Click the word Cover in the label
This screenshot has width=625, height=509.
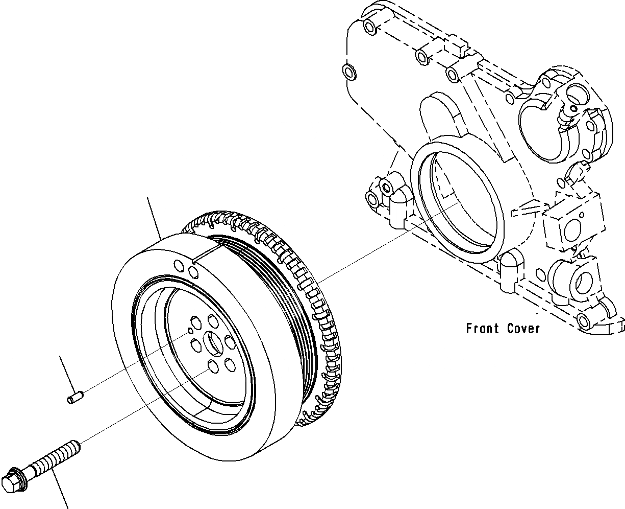click(523, 329)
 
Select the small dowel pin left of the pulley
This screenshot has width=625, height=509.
click(74, 397)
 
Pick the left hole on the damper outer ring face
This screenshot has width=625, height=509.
click(179, 266)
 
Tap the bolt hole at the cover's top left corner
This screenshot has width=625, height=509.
click(367, 25)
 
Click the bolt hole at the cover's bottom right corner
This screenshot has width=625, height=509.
click(583, 320)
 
